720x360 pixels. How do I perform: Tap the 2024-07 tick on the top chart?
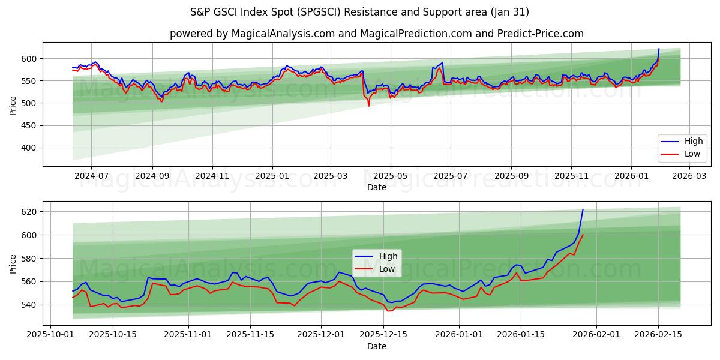pyautogui.click(x=91, y=176)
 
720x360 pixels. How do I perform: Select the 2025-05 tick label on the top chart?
pyautogui.click(x=391, y=176)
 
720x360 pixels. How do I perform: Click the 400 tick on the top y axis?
pyautogui.click(x=29, y=148)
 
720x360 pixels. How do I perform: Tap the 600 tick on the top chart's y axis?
pyautogui.click(x=29, y=59)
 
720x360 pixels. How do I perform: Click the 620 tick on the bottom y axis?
pyautogui.click(x=29, y=212)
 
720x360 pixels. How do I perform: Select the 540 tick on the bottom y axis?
pyautogui.click(x=29, y=305)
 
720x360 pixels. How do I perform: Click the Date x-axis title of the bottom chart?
pyautogui.click(x=376, y=346)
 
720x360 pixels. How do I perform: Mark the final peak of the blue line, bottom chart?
pyautogui.click(x=583, y=209)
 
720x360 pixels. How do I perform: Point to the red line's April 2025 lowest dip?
pyautogui.click(x=368, y=106)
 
